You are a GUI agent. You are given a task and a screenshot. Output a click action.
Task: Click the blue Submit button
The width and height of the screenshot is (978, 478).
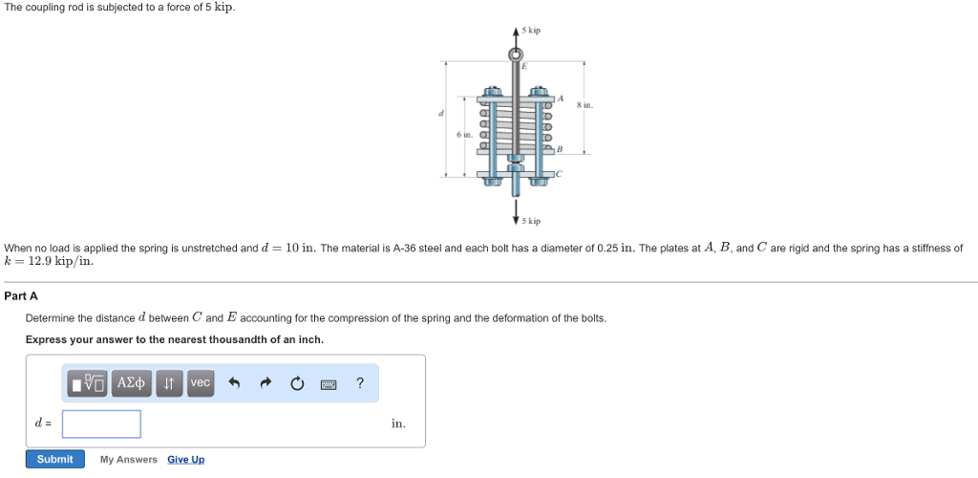(x=54, y=459)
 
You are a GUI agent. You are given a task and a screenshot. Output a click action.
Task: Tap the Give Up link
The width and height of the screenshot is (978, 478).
(x=185, y=460)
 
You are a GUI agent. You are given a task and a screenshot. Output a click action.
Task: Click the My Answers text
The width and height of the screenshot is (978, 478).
(x=128, y=460)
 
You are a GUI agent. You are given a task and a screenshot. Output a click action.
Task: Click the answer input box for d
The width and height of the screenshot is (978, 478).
(x=101, y=424)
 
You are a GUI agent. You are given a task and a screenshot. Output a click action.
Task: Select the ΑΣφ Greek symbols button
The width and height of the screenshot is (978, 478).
(x=131, y=383)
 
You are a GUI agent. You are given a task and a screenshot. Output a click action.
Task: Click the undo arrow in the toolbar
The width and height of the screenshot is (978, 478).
(x=233, y=383)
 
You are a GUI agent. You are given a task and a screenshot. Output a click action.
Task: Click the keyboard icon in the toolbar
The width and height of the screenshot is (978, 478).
(x=329, y=383)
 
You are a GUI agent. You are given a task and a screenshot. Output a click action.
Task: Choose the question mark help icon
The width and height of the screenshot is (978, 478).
(x=360, y=383)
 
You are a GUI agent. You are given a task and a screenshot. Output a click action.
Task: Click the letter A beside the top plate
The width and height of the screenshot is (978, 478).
(x=561, y=97)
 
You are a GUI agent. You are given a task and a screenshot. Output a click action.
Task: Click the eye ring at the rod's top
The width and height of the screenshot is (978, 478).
(x=517, y=54)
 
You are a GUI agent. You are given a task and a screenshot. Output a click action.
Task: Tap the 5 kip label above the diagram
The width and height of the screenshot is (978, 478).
(x=532, y=31)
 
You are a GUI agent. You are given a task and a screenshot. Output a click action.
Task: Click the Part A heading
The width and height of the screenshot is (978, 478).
(x=21, y=296)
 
